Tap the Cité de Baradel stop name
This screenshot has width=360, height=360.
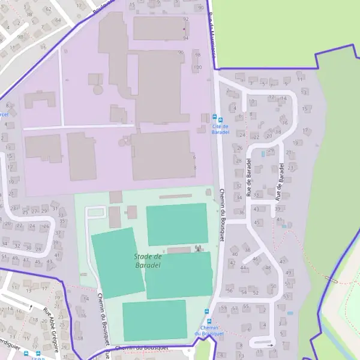coord(221,129)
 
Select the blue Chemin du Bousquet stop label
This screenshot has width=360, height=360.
coord(208,331)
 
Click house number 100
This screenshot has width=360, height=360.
coord(197,67)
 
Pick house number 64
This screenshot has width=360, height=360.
coord(58,20)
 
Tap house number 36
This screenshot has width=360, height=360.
coord(241,212)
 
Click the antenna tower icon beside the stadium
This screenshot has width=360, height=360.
coord(199,248)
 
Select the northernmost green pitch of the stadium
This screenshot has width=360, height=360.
coord(176,224)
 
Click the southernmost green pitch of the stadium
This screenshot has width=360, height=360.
coord(154,320)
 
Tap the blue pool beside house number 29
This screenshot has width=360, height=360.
coord(263,154)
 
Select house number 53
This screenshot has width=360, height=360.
coord(286,296)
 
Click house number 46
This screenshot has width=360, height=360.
coord(254,259)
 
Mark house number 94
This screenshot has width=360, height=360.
coord(185,38)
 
